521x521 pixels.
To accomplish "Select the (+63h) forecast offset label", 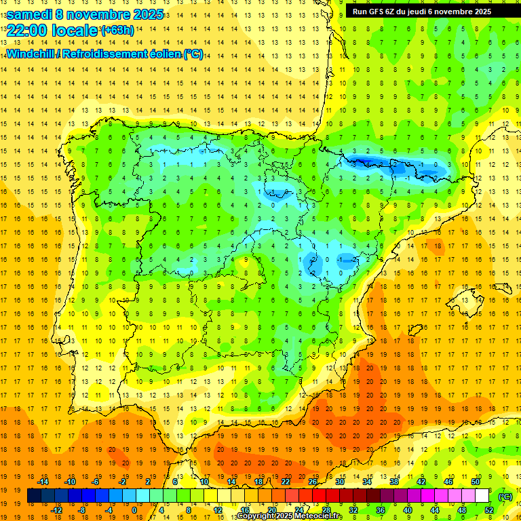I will pos(117,30).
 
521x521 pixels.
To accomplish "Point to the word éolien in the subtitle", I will pos(163,54).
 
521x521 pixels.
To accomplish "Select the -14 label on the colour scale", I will pos(43,481).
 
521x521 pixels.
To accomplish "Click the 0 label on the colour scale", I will pos(134,509).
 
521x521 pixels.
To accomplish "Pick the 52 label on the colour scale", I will pos(489,509).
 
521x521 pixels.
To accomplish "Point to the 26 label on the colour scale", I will pos(313,481).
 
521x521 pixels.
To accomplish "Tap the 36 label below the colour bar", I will pos(381,509).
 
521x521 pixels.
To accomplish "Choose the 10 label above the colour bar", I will pos(204,481).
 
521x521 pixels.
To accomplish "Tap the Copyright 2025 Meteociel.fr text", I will pos(289,516).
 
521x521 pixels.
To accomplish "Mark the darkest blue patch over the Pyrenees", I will pos(363,160).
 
